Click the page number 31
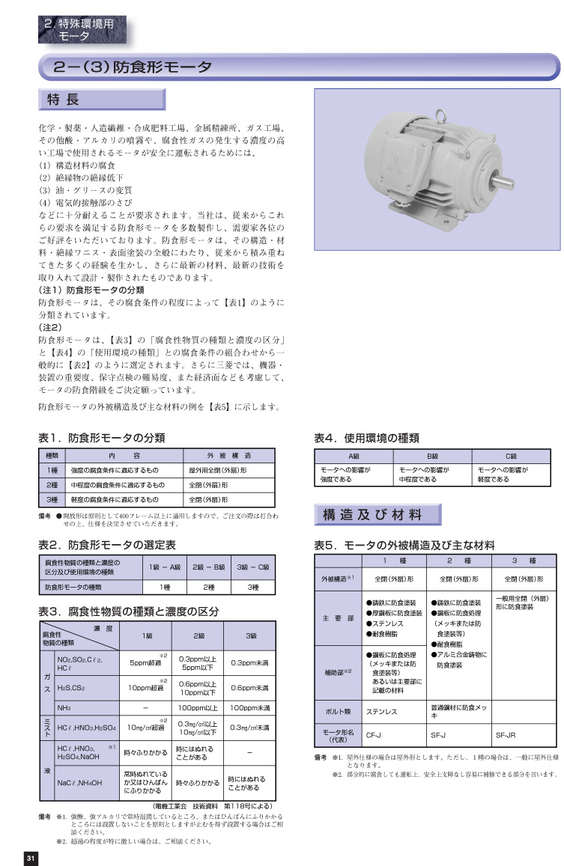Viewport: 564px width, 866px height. (x=30, y=857)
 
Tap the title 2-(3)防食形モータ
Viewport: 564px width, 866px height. (x=133, y=67)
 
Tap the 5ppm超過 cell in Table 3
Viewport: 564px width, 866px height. (x=146, y=662)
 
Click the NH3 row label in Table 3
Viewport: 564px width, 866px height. (x=64, y=707)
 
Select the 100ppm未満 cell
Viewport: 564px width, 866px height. (x=250, y=707)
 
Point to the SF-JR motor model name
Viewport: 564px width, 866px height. (x=506, y=734)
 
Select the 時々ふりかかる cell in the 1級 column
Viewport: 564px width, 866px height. (x=146, y=749)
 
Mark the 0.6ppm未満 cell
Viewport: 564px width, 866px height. (x=250, y=686)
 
